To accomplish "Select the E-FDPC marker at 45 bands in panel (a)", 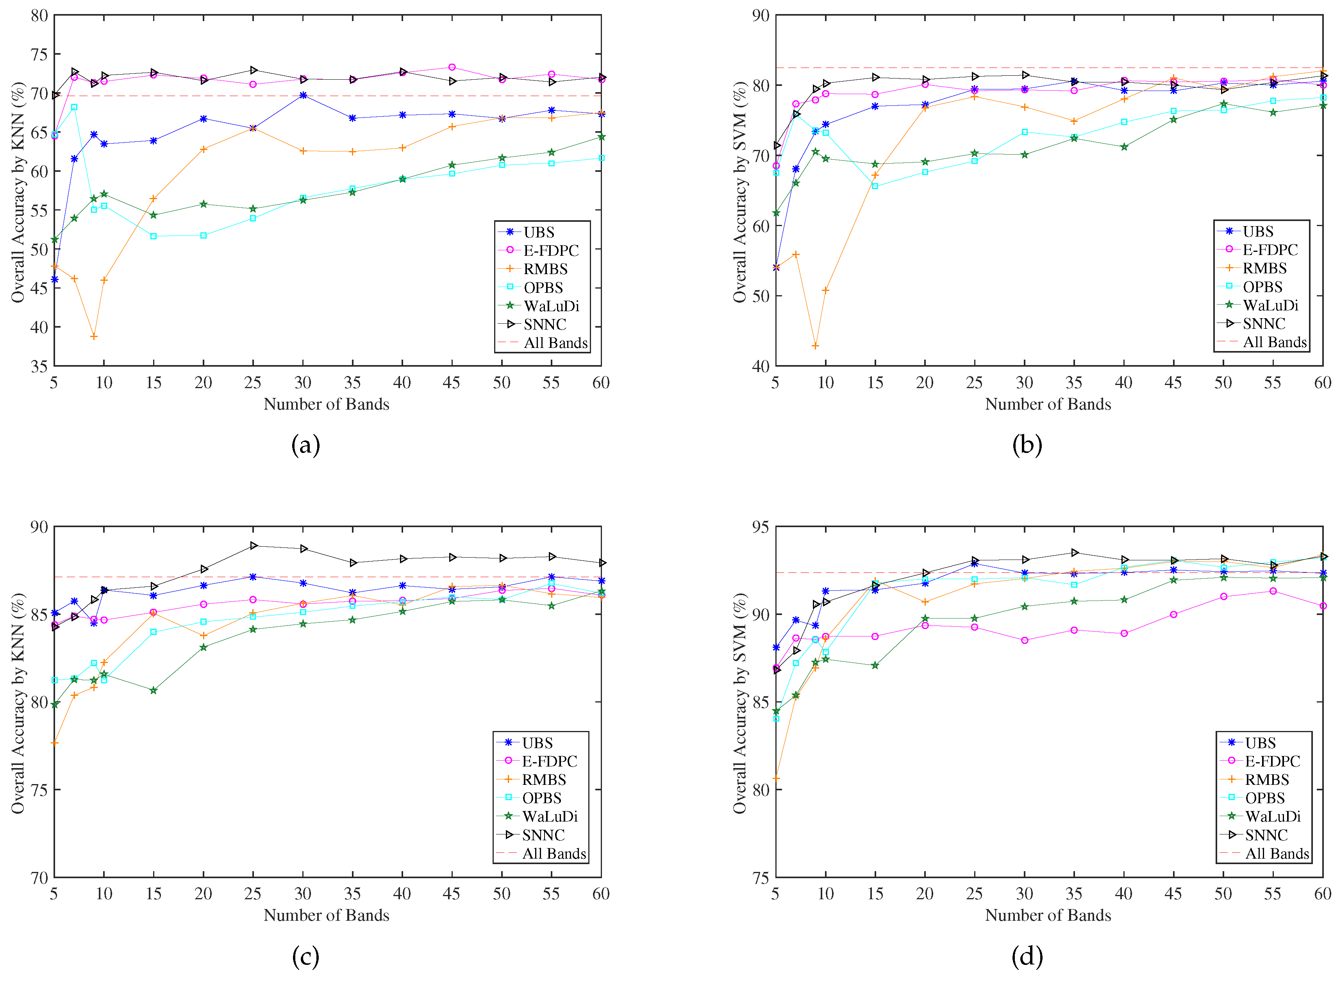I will point(452,67).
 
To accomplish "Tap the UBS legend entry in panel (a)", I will point(539,232).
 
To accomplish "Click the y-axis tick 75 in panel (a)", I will point(39,54).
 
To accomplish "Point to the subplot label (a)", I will point(305,445).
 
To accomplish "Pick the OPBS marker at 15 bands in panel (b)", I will point(875,186).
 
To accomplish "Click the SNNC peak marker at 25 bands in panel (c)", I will point(253,545).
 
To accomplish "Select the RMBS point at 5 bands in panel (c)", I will point(54,743).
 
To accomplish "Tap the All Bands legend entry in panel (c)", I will point(554,854).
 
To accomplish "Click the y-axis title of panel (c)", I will point(18,703).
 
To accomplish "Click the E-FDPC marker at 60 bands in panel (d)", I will point(1323,606).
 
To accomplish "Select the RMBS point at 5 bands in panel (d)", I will point(776,778).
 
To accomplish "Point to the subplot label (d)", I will point(1027,957).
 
